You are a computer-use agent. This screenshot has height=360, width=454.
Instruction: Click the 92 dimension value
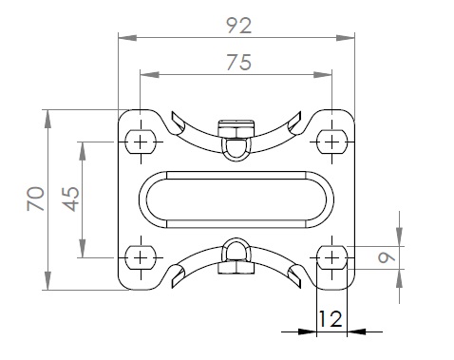[x=239, y=26]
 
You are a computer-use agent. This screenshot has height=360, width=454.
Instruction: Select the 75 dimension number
[x=239, y=62]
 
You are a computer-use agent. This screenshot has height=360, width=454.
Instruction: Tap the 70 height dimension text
[x=36, y=199]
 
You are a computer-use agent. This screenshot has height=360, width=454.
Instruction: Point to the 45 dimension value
[x=71, y=199]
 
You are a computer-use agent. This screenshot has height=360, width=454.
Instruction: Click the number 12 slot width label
[x=331, y=319]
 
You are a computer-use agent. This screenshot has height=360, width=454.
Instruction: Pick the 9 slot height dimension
[x=387, y=257]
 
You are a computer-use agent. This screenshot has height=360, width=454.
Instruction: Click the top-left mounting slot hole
[x=141, y=142]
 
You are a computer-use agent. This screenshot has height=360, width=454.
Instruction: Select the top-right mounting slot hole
[x=331, y=142]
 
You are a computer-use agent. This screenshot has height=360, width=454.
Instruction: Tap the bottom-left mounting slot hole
[x=141, y=257]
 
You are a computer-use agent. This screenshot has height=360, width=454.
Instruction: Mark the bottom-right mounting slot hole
[x=331, y=257]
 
